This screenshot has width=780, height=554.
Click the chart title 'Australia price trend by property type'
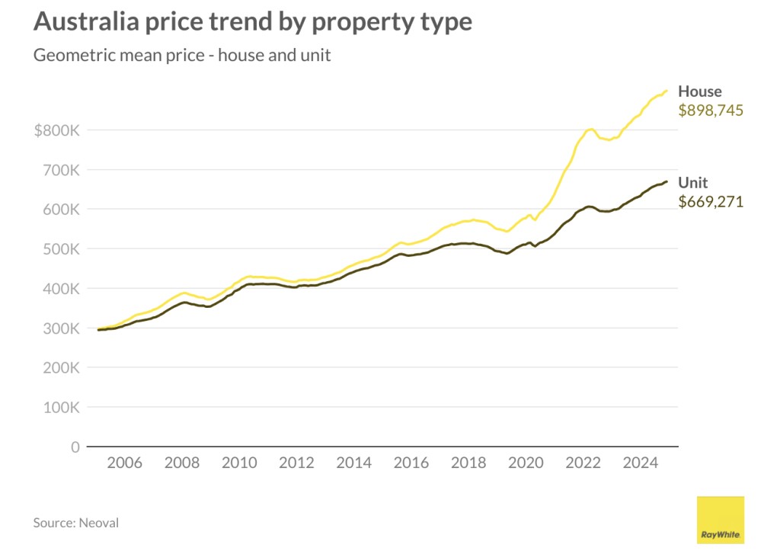point(252,21)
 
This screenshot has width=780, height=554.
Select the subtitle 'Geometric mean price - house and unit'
point(182,56)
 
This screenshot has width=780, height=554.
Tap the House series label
point(699,92)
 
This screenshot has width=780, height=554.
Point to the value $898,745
point(710,110)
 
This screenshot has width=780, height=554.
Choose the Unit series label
point(693,183)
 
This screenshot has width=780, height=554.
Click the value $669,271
point(710,202)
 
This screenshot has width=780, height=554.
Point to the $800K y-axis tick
point(56,130)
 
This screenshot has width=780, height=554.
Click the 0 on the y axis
point(75,447)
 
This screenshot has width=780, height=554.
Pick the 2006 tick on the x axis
point(124,463)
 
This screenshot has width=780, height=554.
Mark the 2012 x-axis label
point(296,463)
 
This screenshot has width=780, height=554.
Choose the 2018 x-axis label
point(468,463)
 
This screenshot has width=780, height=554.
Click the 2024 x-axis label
point(641,463)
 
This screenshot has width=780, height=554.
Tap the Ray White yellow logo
point(721,520)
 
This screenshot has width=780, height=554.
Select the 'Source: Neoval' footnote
point(75,523)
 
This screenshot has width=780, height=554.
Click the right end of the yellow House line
point(667,91)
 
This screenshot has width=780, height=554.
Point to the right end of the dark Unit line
point(667,181)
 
